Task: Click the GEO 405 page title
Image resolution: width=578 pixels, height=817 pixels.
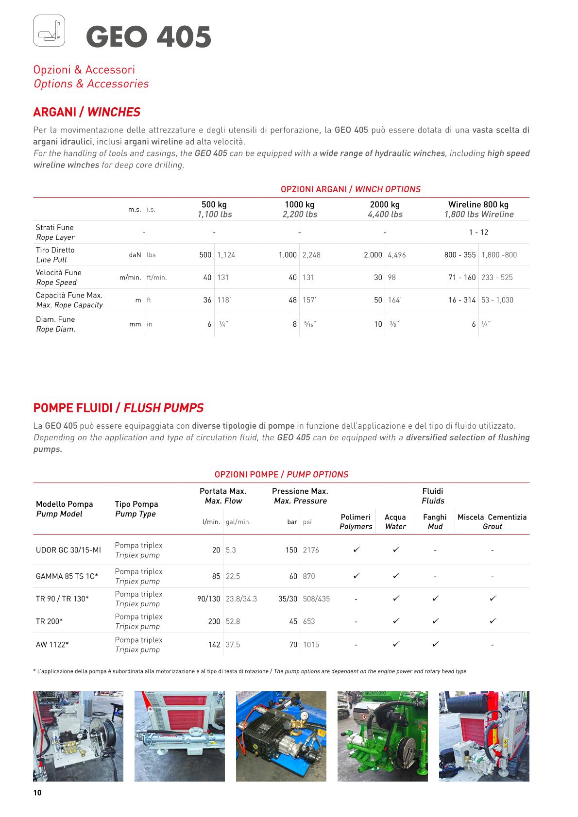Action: point(149,37)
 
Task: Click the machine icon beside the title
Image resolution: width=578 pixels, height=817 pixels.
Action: point(49,31)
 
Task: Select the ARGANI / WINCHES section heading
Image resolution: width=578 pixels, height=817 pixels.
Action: point(86,112)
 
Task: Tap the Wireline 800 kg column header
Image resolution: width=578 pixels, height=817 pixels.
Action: point(478,209)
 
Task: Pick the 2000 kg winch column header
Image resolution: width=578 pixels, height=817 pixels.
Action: point(385,209)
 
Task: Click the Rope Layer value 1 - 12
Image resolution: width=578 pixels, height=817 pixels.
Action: point(478,232)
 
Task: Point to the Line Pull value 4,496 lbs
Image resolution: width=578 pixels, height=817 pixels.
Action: point(397,255)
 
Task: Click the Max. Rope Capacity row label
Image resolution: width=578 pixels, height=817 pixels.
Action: point(69,300)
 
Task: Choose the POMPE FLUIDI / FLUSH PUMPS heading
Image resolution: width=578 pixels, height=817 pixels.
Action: point(118,408)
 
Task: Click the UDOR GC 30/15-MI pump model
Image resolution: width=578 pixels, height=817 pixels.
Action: point(68,550)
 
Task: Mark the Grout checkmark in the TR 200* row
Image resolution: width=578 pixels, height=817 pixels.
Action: point(493,621)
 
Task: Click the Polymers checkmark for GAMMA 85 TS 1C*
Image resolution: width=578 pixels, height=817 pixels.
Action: point(356,576)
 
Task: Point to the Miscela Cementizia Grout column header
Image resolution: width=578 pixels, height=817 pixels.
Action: point(492,521)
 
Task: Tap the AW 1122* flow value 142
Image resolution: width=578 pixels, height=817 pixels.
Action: point(214,645)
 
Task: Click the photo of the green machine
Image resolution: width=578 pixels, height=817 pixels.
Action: point(383,736)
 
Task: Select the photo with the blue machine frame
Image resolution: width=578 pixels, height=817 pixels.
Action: point(281,736)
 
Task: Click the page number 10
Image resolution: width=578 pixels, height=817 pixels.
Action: point(37,793)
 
